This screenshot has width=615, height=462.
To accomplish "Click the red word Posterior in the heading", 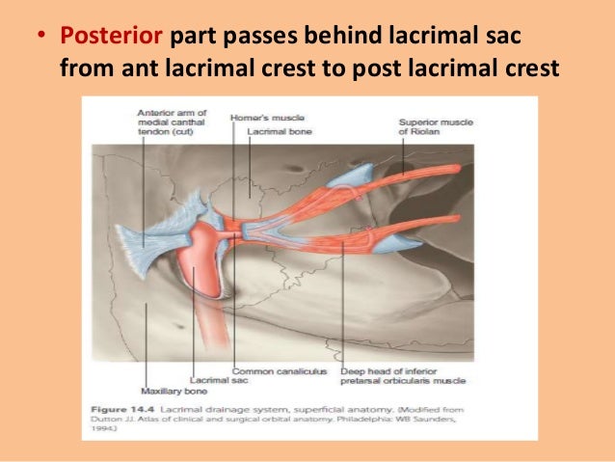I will [112, 40].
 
